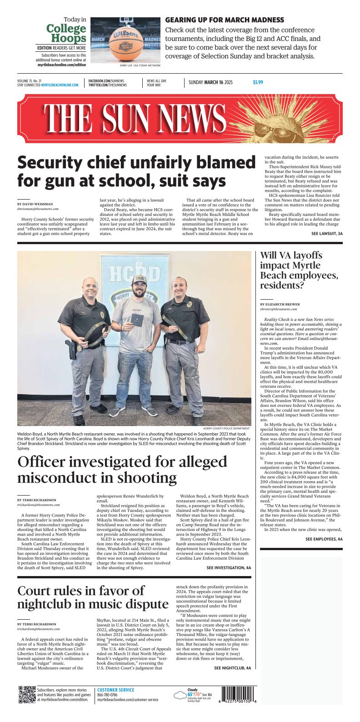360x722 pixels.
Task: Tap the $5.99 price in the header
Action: (258, 83)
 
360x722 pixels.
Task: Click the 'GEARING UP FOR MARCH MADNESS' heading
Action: (225, 20)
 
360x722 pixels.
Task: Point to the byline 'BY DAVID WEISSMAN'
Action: (35, 204)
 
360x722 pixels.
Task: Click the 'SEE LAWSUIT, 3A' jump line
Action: (327, 234)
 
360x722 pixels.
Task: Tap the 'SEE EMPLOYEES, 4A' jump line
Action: (324, 539)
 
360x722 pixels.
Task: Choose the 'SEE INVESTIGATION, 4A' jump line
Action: (228, 568)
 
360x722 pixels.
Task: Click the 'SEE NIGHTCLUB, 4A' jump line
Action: (232, 668)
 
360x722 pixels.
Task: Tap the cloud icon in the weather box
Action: (180, 696)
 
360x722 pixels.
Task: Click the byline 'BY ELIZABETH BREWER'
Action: (280, 304)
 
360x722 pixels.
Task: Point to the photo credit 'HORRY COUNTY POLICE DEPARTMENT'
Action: (226, 428)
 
